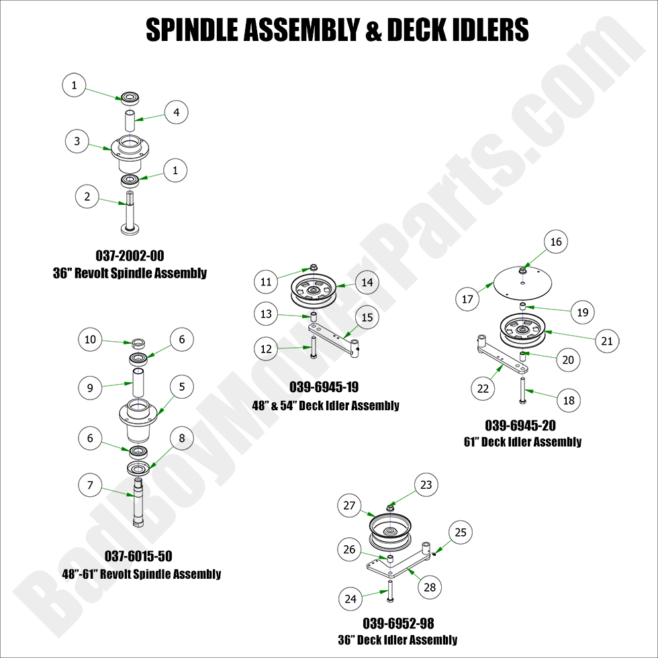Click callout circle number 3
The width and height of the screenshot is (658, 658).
point(77,141)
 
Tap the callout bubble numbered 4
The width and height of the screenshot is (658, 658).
point(176,112)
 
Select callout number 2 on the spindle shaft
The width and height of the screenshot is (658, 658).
point(87,197)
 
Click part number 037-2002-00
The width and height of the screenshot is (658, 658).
point(129,256)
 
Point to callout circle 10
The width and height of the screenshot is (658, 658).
point(90,340)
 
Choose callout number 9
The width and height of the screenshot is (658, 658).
point(90,387)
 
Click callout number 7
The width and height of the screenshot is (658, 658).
point(90,483)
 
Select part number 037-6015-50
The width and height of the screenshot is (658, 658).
point(138,556)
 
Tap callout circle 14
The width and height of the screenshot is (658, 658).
point(367,283)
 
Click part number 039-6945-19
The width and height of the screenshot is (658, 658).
point(324,387)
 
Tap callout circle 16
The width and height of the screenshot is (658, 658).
point(556,242)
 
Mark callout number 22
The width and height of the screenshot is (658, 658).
point(483,389)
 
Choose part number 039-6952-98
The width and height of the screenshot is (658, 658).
point(398,623)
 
